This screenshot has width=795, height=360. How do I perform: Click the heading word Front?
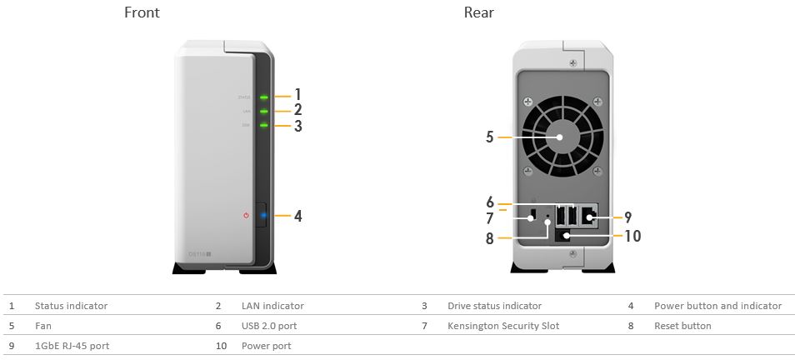tap(142, 12)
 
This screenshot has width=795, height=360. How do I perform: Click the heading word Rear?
tap(478, 12)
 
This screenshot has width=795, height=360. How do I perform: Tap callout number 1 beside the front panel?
tap(297, 95)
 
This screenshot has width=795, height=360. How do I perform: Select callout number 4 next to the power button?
tap(297, 216)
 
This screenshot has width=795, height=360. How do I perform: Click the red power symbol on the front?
tap(246, 215)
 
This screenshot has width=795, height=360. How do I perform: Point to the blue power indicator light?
tap(263, 215)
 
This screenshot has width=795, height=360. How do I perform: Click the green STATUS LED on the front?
tap(263, 97)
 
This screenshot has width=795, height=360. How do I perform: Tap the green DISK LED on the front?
tap(263, 126)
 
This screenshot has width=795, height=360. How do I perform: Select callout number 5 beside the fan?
tap(490, 137)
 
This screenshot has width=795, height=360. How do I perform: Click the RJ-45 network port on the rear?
tap(587, 218)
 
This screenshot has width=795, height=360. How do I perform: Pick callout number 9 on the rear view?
tap(627, 217)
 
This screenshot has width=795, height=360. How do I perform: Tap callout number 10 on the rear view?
tap(632, 236)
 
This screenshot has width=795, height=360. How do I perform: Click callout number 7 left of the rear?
tap(490, 218)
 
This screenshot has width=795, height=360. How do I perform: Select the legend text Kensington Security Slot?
tap(502, 326)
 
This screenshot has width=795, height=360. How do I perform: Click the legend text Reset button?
tap(682, 326)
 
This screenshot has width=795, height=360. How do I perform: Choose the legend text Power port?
tap(266, 346)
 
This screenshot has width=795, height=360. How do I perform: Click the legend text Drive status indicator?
tap(494, 306)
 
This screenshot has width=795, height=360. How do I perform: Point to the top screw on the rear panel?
tap(571, 62)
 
